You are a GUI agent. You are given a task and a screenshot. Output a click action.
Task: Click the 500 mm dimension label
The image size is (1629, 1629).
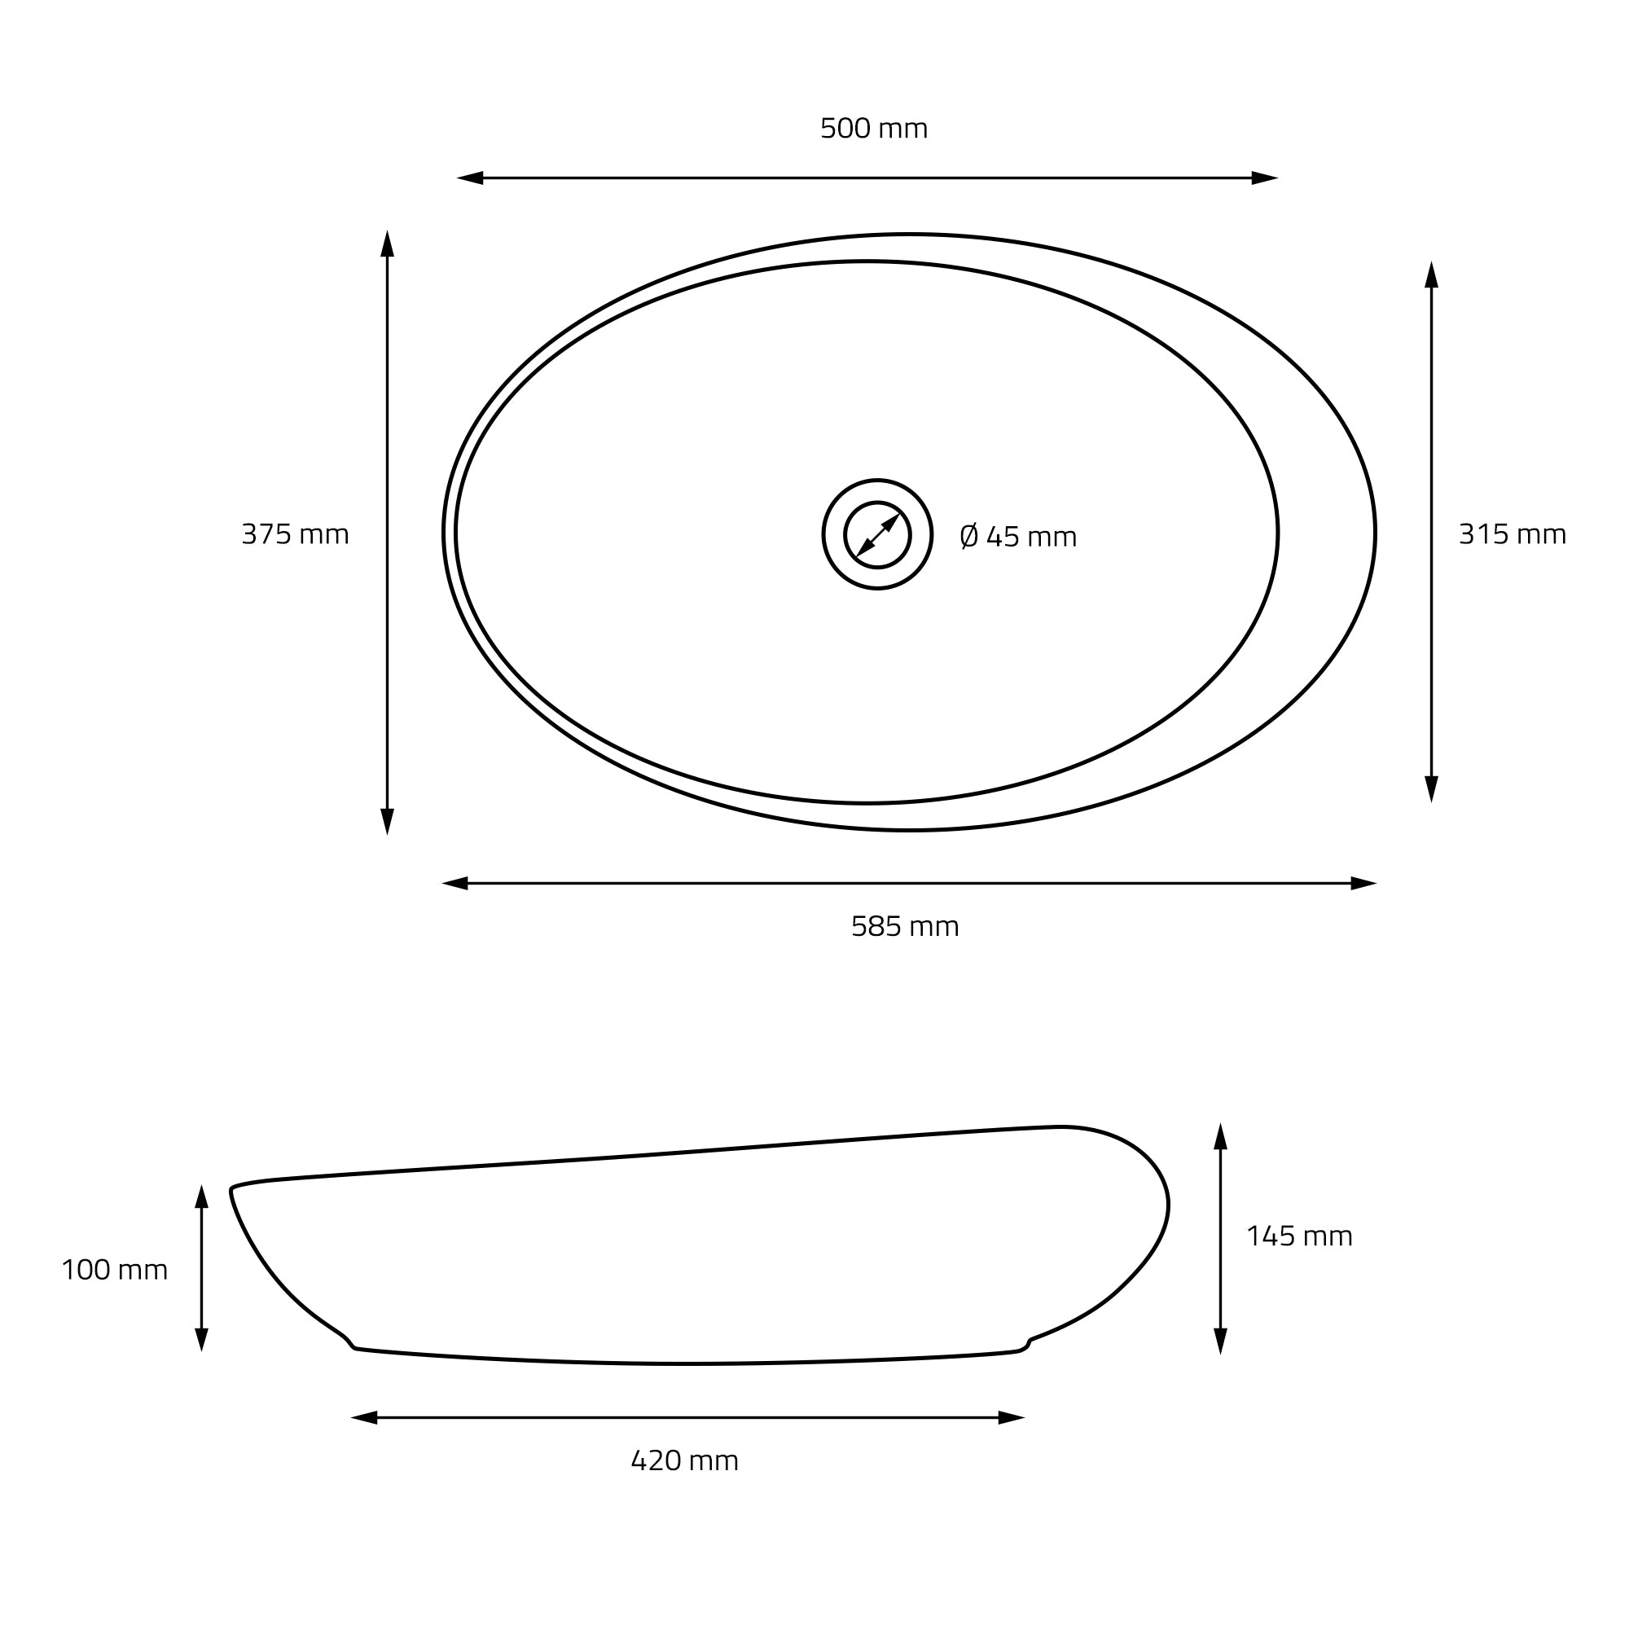click(873, 128)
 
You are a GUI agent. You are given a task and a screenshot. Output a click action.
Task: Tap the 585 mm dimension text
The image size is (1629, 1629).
click(905, 927)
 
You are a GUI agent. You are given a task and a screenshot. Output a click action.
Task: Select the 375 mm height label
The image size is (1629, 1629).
click(295, 533)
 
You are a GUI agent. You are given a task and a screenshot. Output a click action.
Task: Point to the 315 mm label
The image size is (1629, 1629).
click(1513, 533)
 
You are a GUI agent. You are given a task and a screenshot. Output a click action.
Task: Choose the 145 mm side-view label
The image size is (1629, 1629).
click(1299, 1236)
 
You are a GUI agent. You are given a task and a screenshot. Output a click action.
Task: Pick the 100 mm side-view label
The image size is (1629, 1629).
click(115, 1270)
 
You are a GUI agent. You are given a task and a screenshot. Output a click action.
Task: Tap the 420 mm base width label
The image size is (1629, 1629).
click(685, 1460)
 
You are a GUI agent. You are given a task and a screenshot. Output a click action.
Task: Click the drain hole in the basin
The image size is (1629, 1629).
click(878, 534)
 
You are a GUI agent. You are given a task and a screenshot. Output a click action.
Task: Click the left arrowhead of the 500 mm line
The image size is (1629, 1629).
click(470, 178)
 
